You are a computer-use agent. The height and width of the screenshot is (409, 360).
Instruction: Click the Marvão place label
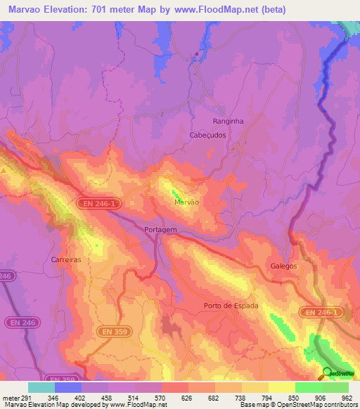click(187, 202)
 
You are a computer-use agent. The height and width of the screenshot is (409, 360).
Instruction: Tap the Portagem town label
click(160, 230)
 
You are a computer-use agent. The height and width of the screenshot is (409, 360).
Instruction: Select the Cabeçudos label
click(208, 135)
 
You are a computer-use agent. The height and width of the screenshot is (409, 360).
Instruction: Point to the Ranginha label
click(228, 121)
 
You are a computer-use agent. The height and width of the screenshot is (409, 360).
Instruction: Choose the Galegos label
click(284, 266)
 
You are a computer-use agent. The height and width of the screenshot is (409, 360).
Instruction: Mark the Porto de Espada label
click(231, 306)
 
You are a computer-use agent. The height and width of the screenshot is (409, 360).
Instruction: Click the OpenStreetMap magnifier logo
click(328, 372)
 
